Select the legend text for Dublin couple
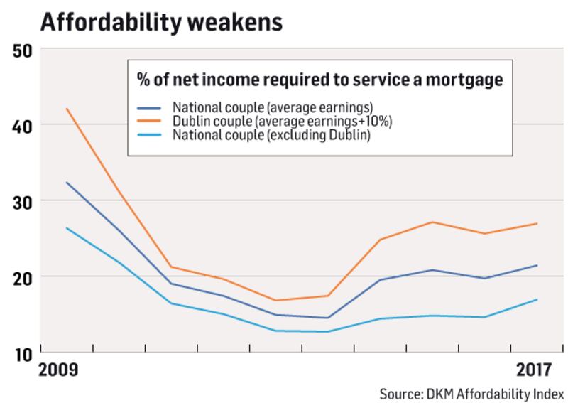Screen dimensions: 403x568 point(283,122)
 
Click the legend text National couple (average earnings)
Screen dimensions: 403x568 point(273,108)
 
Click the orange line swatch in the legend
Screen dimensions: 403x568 point(150,122)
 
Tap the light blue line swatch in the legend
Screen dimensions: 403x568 point(150,136)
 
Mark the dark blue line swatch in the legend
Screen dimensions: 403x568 point(150,109)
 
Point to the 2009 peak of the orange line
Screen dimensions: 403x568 point(67,109)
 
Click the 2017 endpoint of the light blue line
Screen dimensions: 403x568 point(537,299)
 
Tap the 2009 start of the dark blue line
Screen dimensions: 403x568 point(67,183)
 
